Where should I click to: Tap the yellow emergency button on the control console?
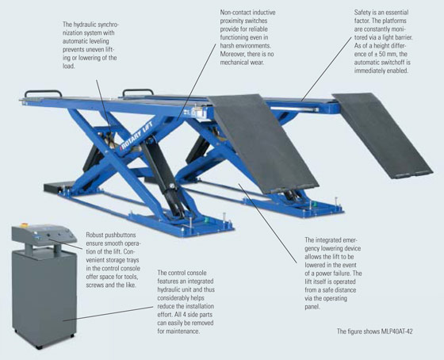tap(24, 225)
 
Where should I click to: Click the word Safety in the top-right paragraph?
tap(363, 13)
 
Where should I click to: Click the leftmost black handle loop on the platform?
tap(43, 94)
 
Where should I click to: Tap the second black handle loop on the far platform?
tap(138, 92)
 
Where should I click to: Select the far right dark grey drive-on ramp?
tap(382, 136)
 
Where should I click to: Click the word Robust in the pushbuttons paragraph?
tap(95, 235)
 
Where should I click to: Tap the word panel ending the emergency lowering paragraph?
tap(312, 306)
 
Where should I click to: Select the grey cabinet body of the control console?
tap(44, 299)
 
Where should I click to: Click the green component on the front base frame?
tap(207, 220)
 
